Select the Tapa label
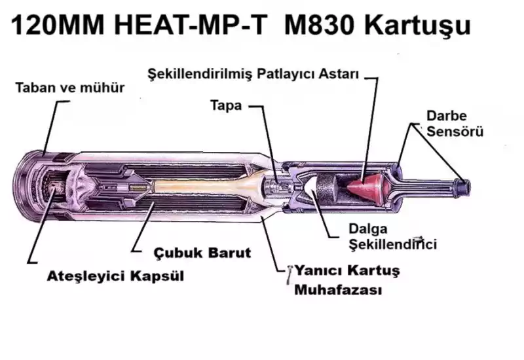coord(227,104)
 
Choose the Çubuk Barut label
coord(202,252)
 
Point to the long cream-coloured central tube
coord(196,187)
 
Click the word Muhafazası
coord(337,289)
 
